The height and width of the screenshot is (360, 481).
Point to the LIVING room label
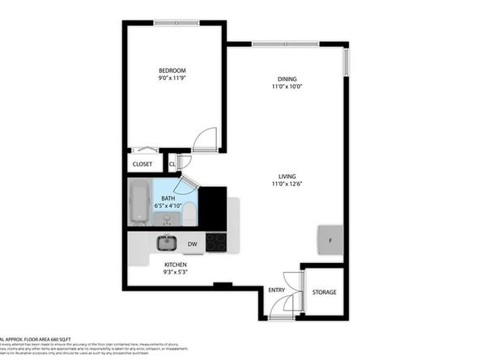pos(287,177)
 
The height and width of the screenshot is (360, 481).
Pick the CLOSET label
pos(143,164)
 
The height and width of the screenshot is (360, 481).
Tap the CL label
pos(172,164)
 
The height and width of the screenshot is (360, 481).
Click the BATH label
pos(168,198)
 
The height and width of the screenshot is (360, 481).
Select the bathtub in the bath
pos(139,203)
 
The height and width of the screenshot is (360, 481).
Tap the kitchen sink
pos(167,242)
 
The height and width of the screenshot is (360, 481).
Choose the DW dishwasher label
pos(193,244)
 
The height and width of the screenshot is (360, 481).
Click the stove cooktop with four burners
pos(216,241)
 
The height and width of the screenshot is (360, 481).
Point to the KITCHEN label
pos(176,265)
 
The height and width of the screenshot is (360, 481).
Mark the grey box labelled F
pos(330,240)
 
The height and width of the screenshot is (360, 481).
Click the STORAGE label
pos(324,292)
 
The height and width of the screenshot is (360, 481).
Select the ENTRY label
pos(277,290)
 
